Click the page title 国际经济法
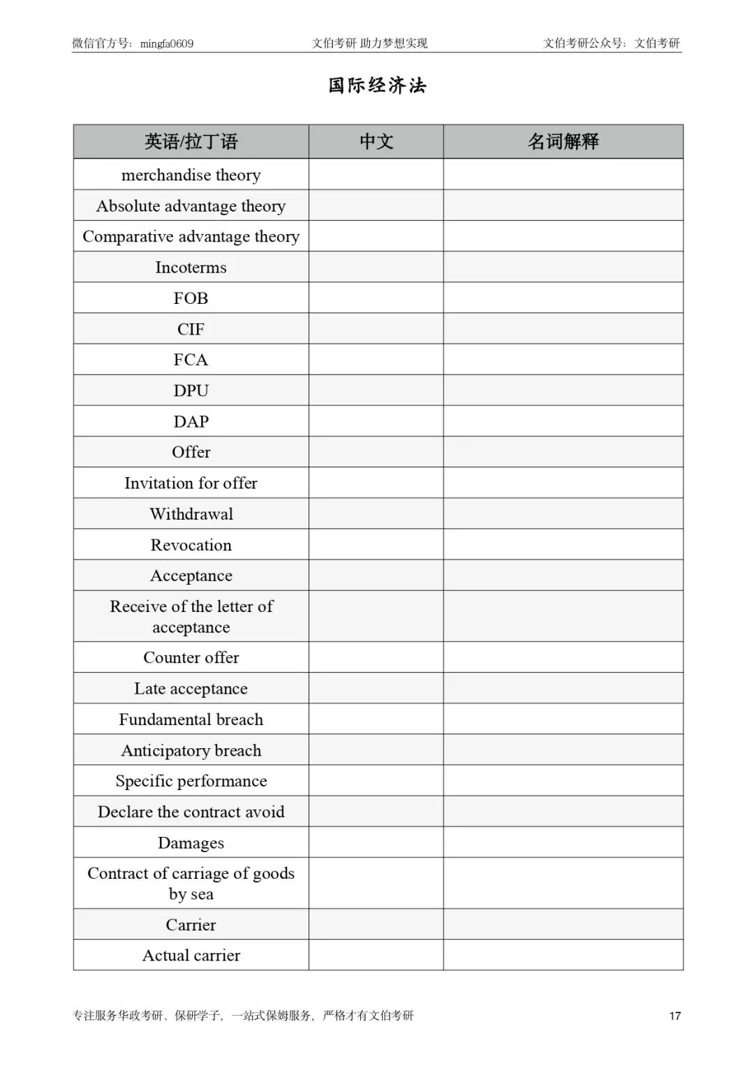click(x=377, y=85)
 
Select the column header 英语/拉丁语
click(x=191, y=142)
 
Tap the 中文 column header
click(x=376, y=142)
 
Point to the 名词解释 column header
click(x=563, y=142)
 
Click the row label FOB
click(x=191, y=298)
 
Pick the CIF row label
click(x=191, y=329)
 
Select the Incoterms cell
click(x=191, y=268)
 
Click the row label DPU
click(x=191, y=390)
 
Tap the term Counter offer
click(x=191, y=657)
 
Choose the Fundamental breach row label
click(x=191, y=720)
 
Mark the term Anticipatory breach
click(x=191, y=750)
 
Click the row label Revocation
click(x=191, y=545)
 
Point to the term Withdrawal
click(x=191, y=514)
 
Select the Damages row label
click(x=191, y=843)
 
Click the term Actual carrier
click(x=191, y=955)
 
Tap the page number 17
click(x=674, y=1016)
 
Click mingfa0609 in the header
click(x=167, y=44)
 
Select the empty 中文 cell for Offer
click(x=376, y=452)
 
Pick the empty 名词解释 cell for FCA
click(x=563, y=360)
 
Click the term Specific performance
click(x=191, y=781)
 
